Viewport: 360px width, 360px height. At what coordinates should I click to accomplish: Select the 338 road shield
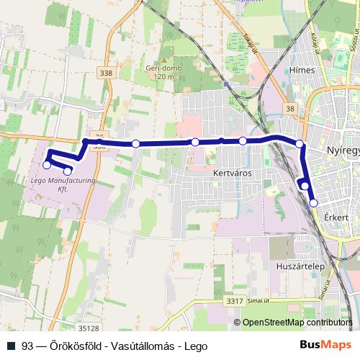coord(107,73)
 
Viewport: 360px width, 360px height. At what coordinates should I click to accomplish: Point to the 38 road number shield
coord(289,109)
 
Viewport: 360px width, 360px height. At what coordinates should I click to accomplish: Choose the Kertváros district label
coord(230,174)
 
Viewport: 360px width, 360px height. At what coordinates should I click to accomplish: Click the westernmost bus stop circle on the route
coord(48,165)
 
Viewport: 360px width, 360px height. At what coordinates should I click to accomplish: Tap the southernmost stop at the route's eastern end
coord(313,203)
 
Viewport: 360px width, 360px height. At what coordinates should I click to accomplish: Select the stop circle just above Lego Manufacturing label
coord(68,171)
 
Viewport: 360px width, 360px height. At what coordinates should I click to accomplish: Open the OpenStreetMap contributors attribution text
coord(297,323)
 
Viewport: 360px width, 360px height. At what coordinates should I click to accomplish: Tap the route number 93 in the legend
coord(27,345)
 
